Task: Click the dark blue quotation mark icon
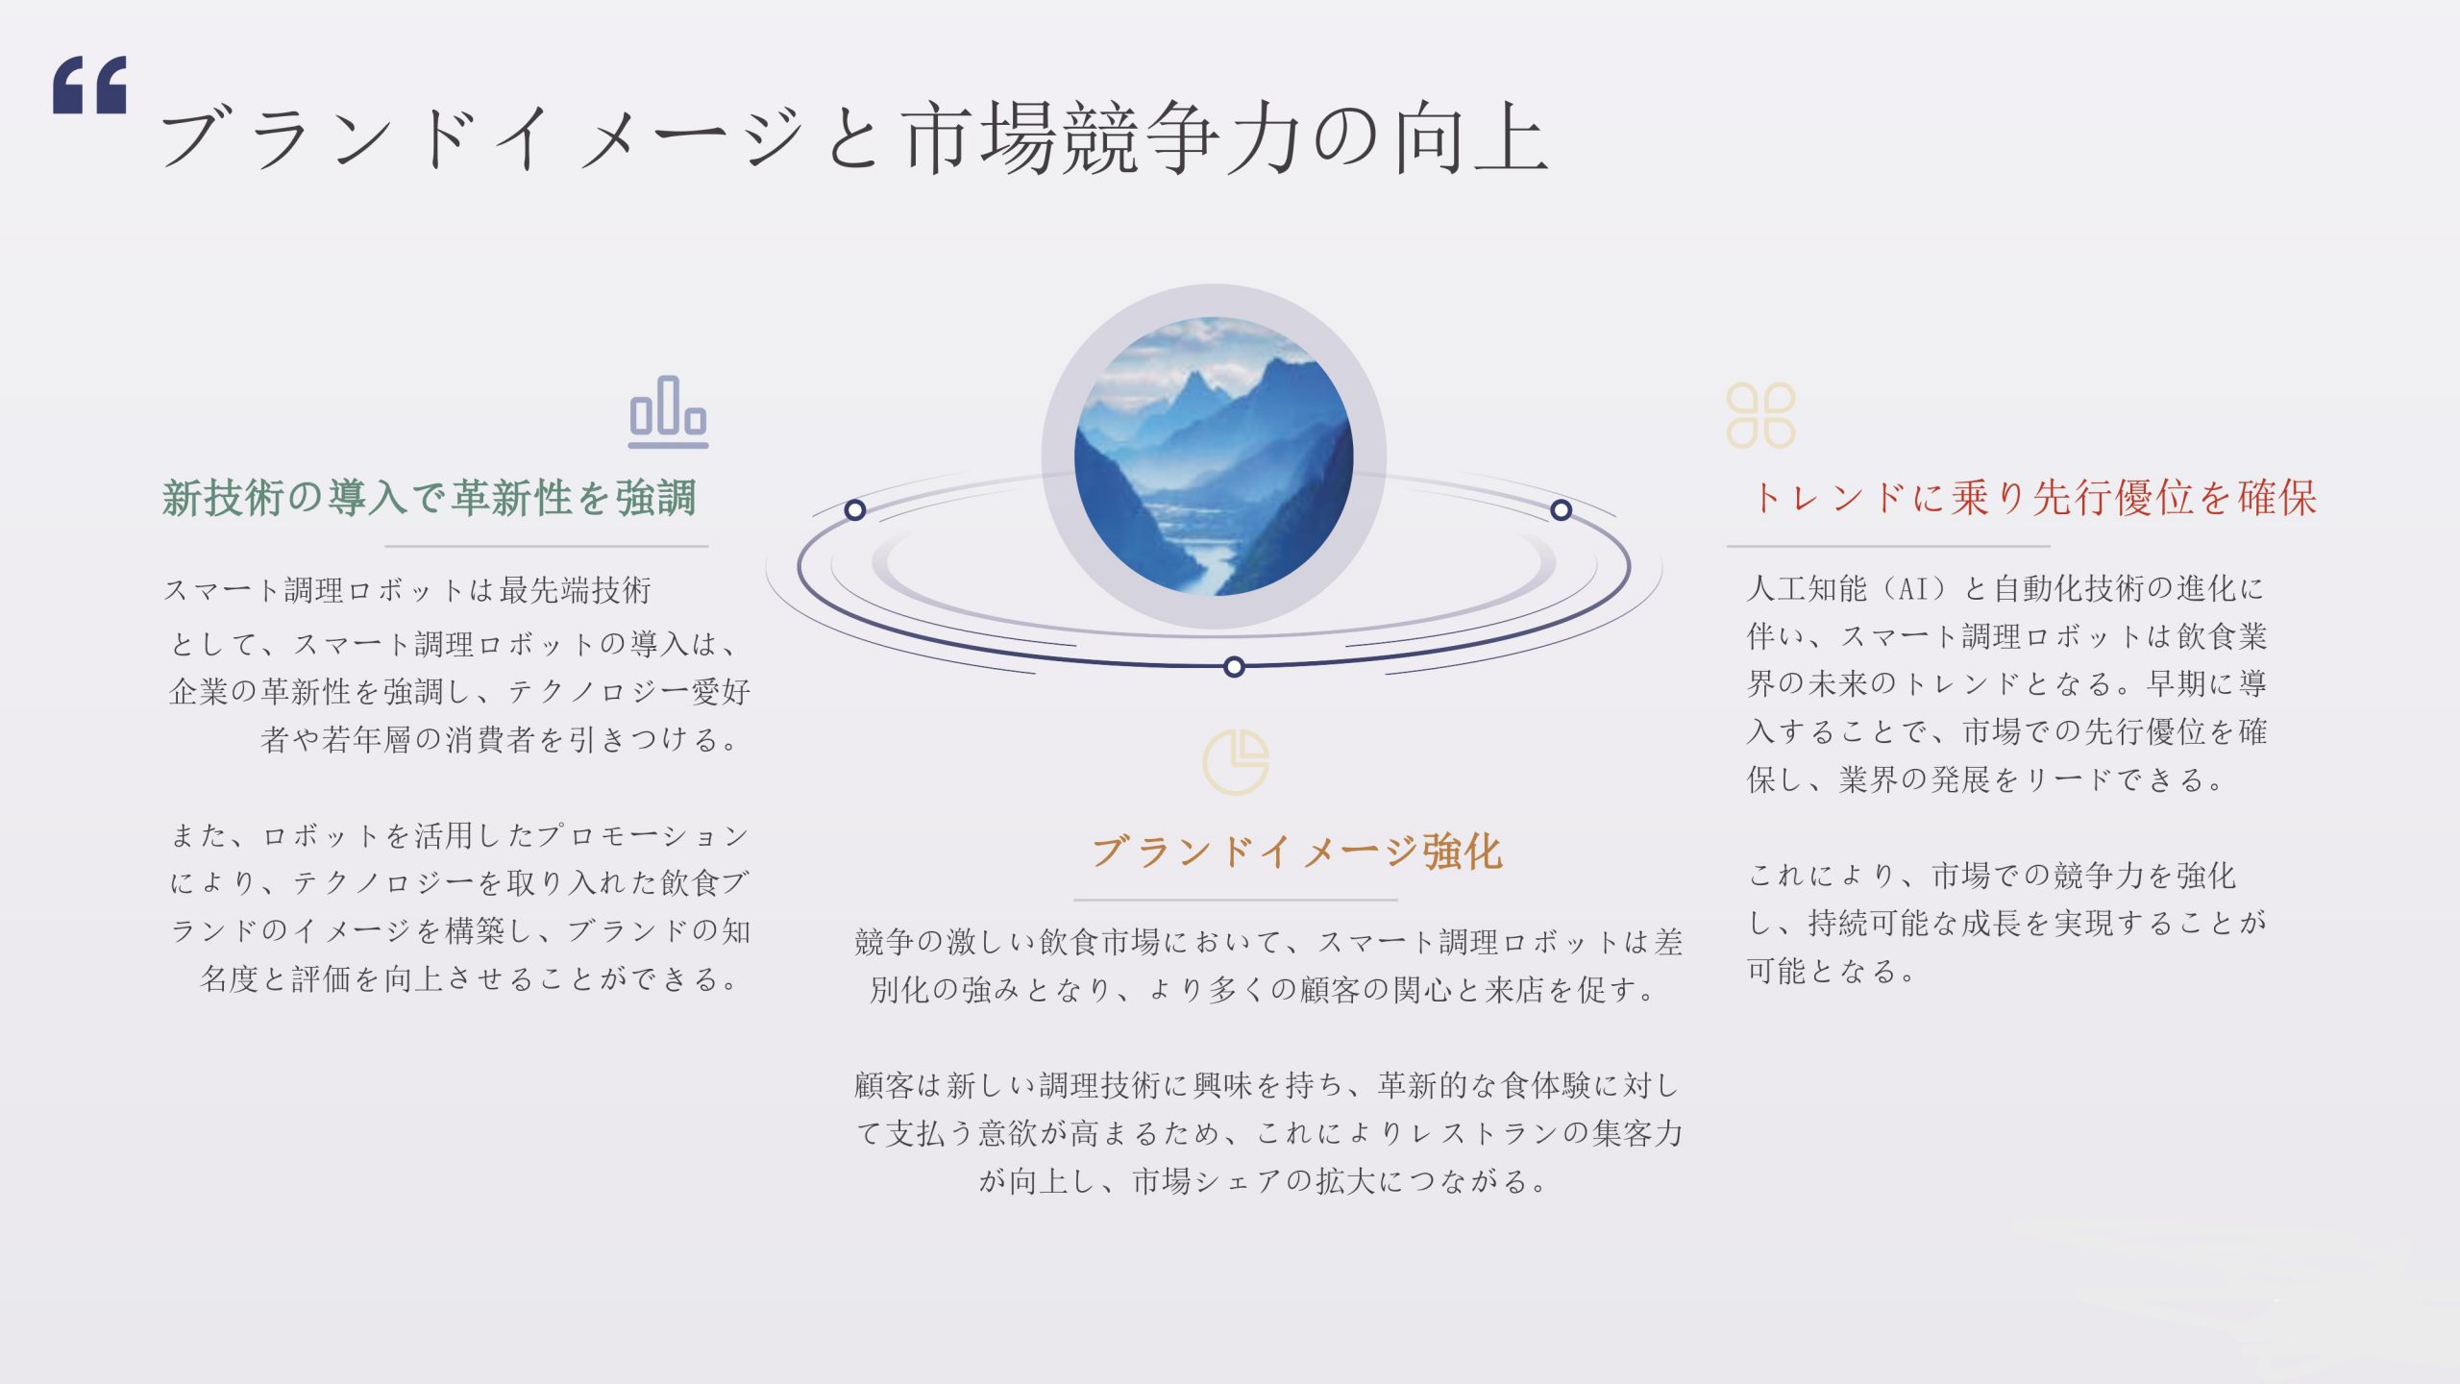[x=89, y=85]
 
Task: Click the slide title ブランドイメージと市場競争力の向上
[x=854, y=137]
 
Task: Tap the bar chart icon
[x=668, y=411]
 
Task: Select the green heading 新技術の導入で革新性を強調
[x=429, y=498]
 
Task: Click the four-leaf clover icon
[x=1760, y=415]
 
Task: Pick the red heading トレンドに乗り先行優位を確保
[x=2034, y=498]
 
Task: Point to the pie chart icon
[x=1236, y=762]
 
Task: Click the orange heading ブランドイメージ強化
[x=1297, y=852]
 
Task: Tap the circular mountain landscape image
[x=1214, y=457]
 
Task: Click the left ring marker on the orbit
[x=855, y=509]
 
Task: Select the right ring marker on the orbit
[x=1562, y=509]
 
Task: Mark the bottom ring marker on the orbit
[x=1235, y=667]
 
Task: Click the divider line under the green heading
[x=547, y=546]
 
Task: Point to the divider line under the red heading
[x=1888, y=546]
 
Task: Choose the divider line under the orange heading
[x=1235, y=900]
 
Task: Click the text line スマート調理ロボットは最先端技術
[x=407, y=590]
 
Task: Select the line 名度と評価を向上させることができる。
[x=470, y=979]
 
